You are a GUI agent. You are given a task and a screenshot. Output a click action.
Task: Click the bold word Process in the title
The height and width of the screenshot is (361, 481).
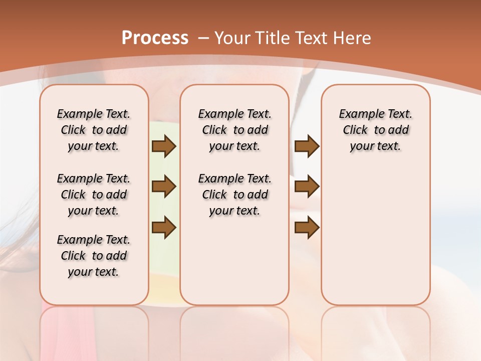tap(155, 38)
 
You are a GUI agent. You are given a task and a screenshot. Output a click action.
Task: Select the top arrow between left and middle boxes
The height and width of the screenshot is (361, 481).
tap(163, 146)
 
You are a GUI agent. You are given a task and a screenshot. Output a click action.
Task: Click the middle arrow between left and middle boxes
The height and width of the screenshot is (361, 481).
tap(163, 187)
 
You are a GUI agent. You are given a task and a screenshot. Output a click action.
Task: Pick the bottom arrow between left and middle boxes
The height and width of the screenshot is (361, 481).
tap(163, 227)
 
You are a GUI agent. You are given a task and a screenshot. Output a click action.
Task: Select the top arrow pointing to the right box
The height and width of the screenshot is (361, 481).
tap(307, 146)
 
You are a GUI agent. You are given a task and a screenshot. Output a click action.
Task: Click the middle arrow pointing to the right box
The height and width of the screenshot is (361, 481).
tap(307, 187)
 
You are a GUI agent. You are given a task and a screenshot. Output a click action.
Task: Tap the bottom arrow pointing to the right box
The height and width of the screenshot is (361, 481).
tap(307, 227)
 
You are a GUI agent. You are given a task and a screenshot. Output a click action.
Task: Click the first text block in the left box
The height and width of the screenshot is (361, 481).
tap(94, 130)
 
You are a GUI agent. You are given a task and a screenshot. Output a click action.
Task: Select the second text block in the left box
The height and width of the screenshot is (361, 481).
tap(94, 195)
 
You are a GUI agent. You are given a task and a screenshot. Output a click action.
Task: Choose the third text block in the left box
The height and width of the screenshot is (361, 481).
tap(94, 256)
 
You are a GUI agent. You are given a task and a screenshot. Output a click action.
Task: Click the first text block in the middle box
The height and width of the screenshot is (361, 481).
tap(234, 130)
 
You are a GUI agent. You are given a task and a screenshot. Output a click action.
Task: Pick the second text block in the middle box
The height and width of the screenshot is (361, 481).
tap(234, 195)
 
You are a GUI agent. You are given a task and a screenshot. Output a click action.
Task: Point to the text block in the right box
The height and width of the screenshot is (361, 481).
tap(376, 130)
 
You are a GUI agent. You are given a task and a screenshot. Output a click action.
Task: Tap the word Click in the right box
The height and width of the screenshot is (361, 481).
tap(355, 130)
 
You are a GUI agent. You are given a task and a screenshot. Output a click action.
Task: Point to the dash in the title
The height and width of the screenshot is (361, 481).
tap(203, 38)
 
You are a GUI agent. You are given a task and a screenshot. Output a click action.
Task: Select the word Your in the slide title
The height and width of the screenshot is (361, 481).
tap(232, 38)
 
